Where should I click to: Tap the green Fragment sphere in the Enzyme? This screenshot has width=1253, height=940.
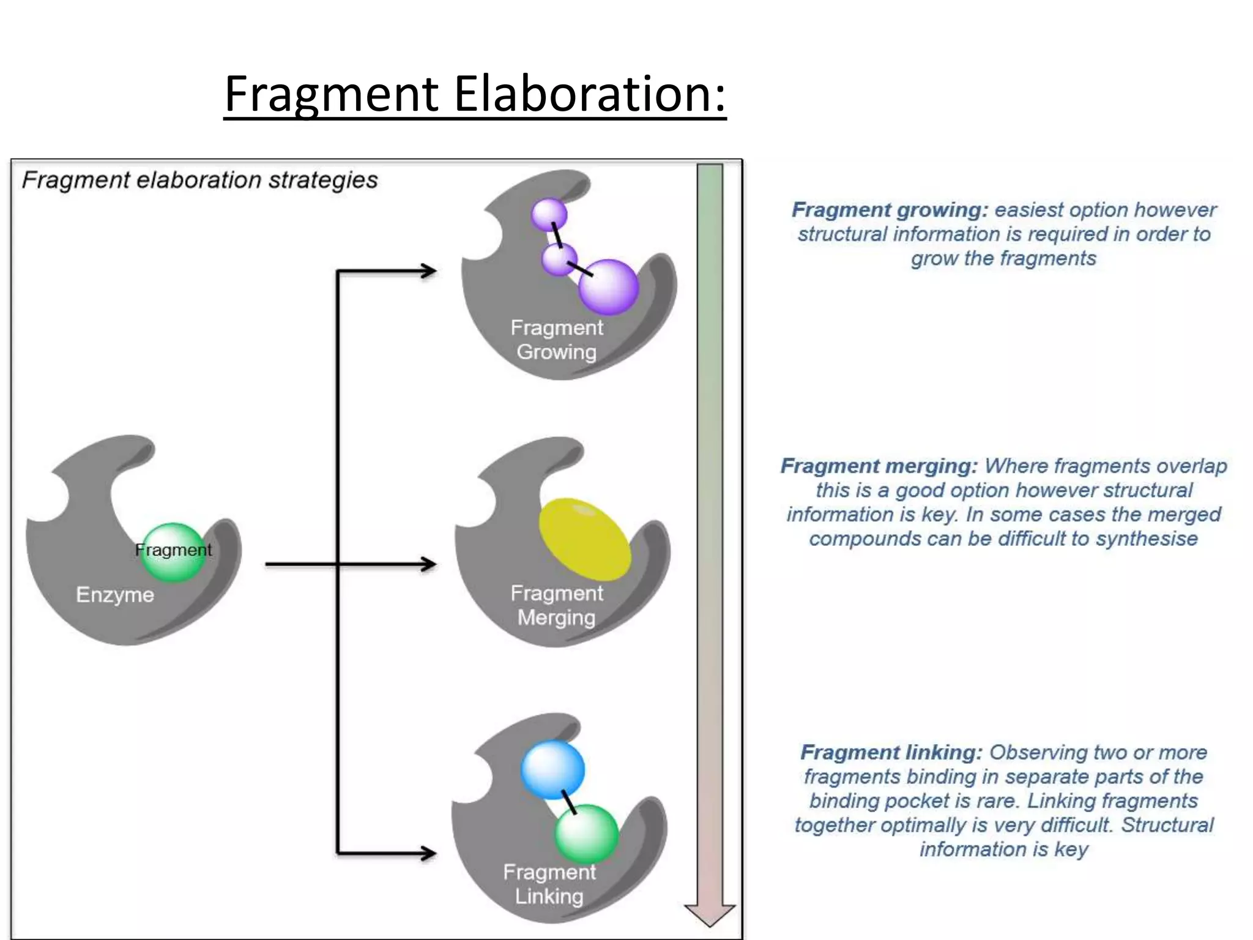tap(174, 552)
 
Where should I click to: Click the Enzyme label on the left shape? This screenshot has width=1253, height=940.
tap(115, 595)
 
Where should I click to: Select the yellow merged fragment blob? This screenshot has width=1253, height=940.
tap(584, 539)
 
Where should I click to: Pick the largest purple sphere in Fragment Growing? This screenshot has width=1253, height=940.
tap(608, 287)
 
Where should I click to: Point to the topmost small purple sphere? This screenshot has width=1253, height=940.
tap(549, 214)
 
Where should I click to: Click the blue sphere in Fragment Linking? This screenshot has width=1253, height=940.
tap(552, 769)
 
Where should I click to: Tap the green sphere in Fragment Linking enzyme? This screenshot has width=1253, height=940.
tap(586, 834)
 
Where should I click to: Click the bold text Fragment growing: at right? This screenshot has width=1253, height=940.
tap(890, 210)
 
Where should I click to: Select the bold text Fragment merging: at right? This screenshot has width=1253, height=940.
tap(879, 466)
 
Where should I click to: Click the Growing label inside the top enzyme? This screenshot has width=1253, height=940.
tap(556, 352)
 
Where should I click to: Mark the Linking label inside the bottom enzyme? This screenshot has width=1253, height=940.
tap(549, 897)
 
